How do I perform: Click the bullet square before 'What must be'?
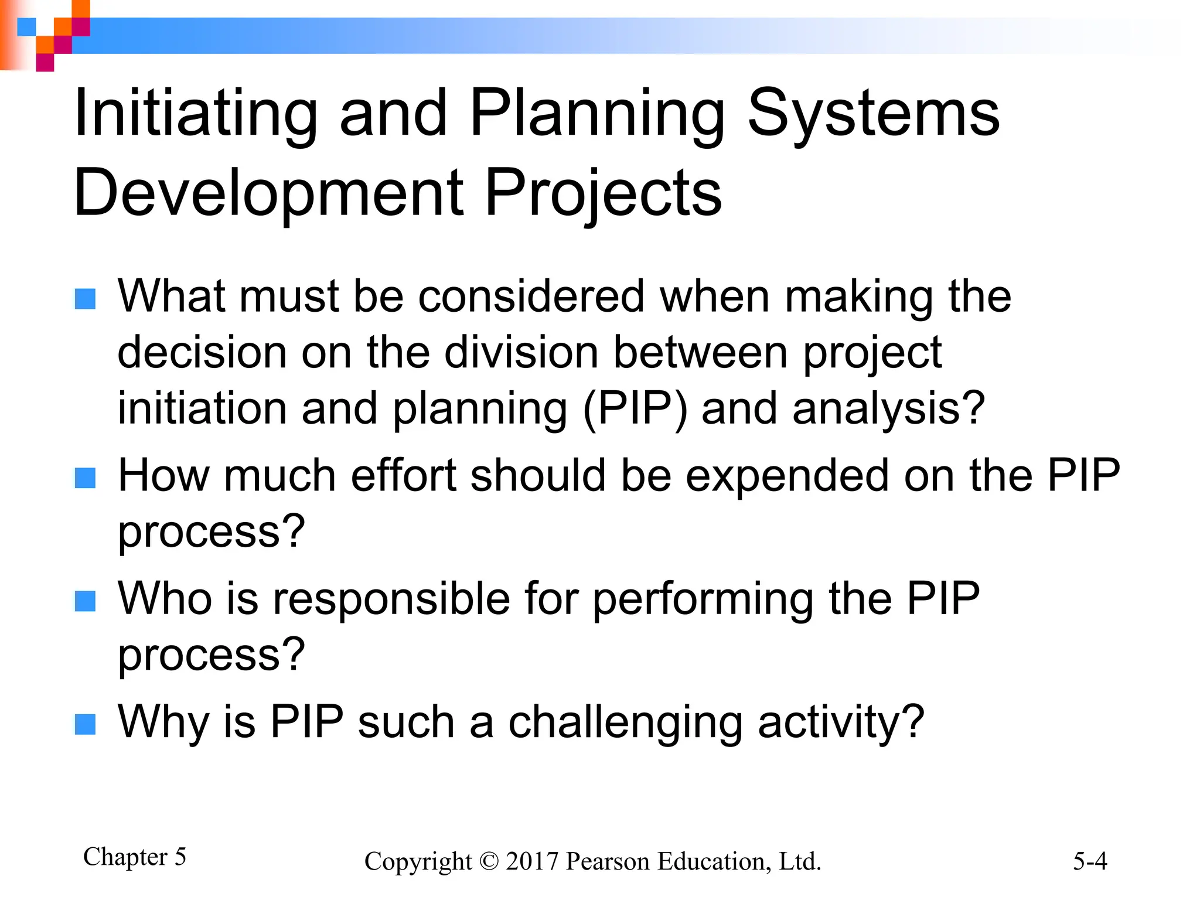pos(86,299)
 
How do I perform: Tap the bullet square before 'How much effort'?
pos(86,478)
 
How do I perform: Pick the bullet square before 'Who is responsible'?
pos(86,601)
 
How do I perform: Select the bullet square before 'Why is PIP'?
pos(86,724)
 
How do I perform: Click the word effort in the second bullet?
pos(403,476)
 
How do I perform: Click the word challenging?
pos(625,723)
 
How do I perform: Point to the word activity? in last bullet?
pos(841,723)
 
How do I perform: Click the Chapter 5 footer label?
pos(134,857)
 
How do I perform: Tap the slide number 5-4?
pos(1090,861)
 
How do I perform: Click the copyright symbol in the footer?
pos(488,861)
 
